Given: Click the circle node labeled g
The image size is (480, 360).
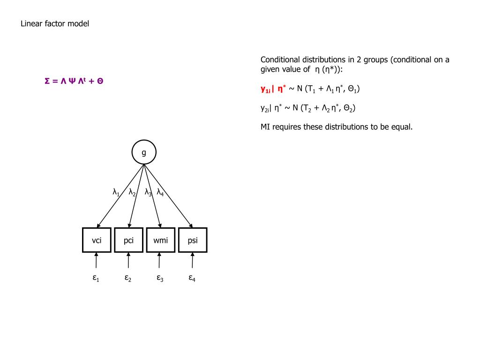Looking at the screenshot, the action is click(144, 152).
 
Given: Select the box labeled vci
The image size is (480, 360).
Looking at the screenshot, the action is click(97, 240).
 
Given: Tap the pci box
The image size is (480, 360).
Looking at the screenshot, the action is click(128, 240).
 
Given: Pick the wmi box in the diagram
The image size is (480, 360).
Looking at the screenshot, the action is click(160, 240).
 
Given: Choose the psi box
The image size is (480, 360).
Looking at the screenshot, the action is click(192, 240).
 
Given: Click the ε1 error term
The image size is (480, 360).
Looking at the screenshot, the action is click(96, 278).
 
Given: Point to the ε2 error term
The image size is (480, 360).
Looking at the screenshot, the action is click(128, 278).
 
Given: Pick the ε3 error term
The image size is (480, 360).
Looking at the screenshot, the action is click(160, 278).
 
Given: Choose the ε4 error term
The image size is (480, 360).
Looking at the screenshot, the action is click(192, 278).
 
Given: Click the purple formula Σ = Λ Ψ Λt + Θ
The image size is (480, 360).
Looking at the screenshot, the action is click(74, 81).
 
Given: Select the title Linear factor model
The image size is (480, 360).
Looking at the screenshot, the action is click(55, 24).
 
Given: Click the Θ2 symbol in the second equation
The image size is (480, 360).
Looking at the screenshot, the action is click(349, 108).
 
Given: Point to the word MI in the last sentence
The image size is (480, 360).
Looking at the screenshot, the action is click(265, 127).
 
